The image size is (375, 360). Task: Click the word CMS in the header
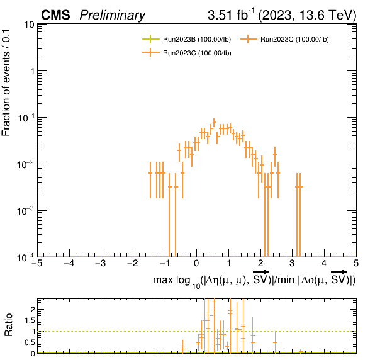[x=55, y=15]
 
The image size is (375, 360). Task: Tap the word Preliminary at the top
[x=113, y=16]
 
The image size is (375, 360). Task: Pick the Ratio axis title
[x=8, y=325]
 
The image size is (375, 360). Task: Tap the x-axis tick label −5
[x=37, y=263]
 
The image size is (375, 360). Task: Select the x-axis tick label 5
[x=356, y=263]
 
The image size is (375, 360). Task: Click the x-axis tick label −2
[x=133, y=263]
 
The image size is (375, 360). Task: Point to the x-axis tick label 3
[x=292, y=263]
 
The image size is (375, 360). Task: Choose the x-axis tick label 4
[x=324, y=263]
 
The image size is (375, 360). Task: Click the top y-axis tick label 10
[x=29, y=25]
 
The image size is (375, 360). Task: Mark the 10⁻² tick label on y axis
[x=26, y=164]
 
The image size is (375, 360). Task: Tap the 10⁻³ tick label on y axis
[x=26, y=211]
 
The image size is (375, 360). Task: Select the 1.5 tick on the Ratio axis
[x=30, y=320]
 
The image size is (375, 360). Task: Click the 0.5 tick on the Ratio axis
[x=30, y=342]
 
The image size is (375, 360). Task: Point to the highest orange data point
[x=215, y=122]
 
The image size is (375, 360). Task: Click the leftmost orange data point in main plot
[x=150, y=173]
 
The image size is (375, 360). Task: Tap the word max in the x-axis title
[x=163, y=279]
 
